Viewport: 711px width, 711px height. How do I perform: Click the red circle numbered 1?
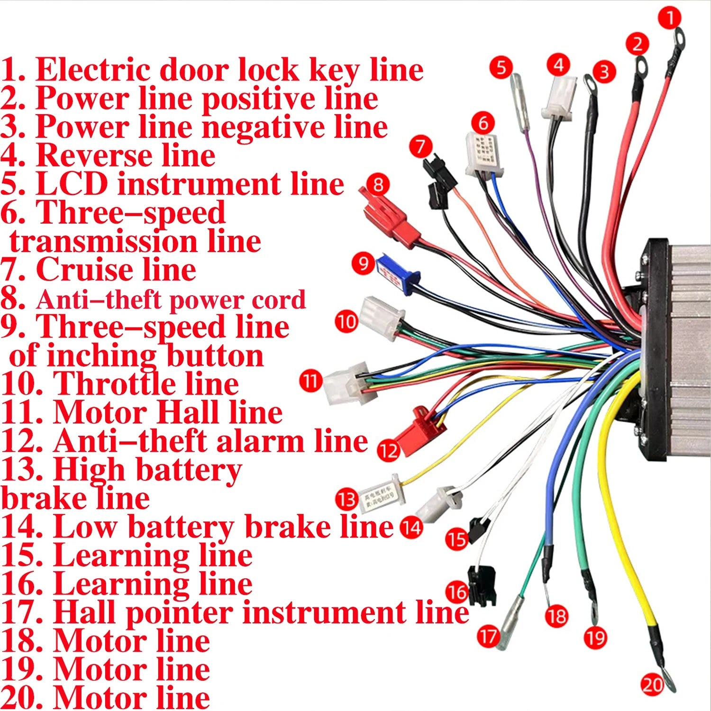tap(670, 18)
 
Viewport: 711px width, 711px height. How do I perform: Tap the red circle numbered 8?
tap(378, 184)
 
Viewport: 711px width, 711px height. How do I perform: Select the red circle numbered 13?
tap(346, 500)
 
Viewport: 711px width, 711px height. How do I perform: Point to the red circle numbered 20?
tap(652, 684)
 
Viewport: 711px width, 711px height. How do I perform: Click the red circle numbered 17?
tap(488, 636)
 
